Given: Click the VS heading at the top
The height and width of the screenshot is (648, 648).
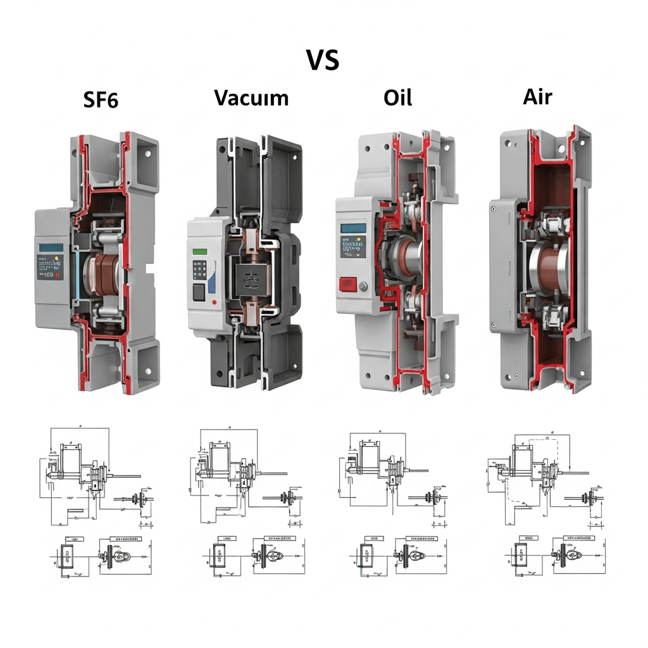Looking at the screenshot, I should tap(323, 59).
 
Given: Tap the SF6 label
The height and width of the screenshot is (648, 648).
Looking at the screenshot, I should tap(101, 99).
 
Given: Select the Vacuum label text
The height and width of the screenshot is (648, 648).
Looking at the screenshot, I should tap(251, 97).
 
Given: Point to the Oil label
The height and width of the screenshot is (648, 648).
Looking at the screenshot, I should tap(397, 97).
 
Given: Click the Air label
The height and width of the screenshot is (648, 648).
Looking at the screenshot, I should tap(537, 96).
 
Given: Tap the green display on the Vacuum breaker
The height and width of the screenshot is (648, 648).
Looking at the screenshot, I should tap(201, 252).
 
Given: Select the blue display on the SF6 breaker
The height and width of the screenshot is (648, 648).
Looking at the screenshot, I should tap(51, 247).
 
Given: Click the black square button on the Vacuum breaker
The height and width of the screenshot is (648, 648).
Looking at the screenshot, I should tap(198, 292).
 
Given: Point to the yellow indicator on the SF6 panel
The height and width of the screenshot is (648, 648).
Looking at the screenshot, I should tap(56, 259).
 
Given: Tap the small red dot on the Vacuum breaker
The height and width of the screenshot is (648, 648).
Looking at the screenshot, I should tap(216, 302).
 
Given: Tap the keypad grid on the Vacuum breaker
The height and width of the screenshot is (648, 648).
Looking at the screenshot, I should tap(202, 271).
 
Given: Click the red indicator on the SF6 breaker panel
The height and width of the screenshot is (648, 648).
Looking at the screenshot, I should tap(58, 276).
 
